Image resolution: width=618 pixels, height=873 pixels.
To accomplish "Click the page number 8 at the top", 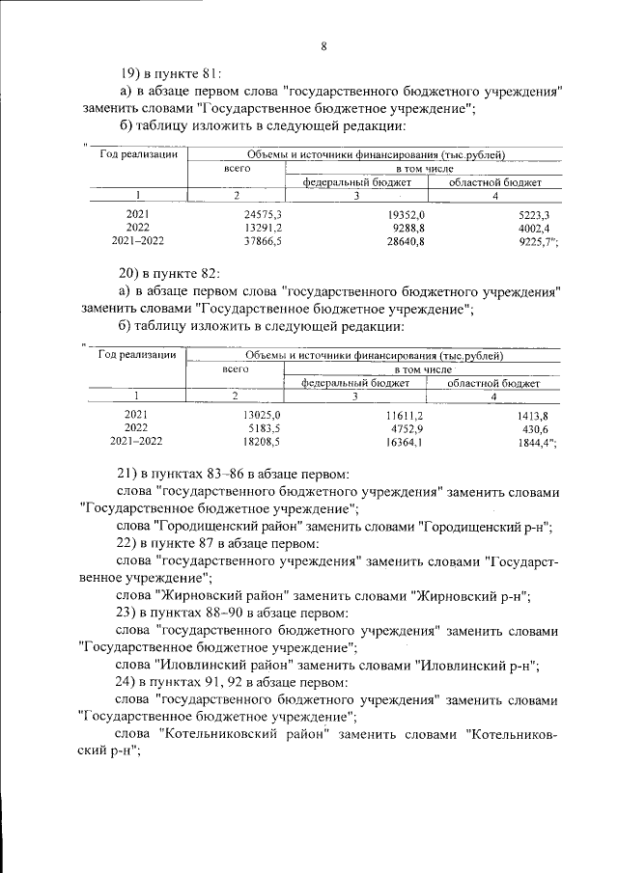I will point(323,45).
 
